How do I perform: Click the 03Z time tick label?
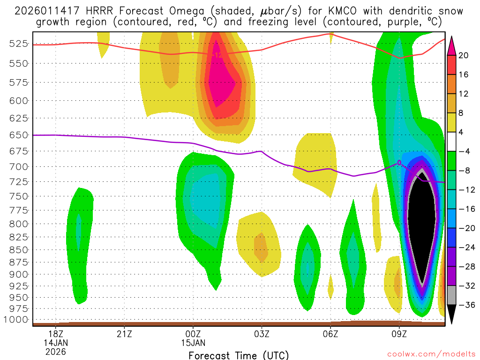tap(262, 335)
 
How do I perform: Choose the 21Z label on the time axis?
tap(124, 335)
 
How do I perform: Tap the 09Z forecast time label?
tap(399, 335)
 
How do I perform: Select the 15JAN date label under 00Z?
tap(193, 343)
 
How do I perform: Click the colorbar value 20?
tap(464, 55)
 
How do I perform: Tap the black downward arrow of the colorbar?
tap(452, 315)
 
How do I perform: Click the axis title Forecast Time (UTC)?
tap(239, 355)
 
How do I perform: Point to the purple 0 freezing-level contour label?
tap(399, 163)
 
